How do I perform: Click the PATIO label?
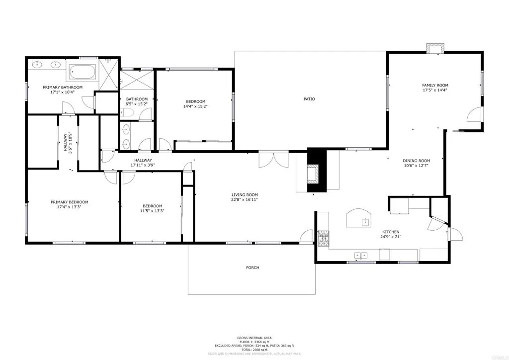[309, 99]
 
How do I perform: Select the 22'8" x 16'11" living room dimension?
[245, 200]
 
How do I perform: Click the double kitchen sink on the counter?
[360, 256]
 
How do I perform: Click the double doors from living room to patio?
[273, 160]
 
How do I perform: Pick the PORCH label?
[253, 268]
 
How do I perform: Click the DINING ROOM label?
[416, 161]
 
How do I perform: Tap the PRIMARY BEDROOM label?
[69, 202]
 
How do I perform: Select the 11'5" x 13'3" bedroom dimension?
[152, 211]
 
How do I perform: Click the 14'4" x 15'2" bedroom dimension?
[195, 106]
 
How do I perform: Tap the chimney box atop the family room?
[435, 49]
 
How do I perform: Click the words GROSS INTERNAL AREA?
[254, 338]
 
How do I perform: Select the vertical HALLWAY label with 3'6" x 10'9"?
[67, 143]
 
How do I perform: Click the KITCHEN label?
[390, 232]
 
